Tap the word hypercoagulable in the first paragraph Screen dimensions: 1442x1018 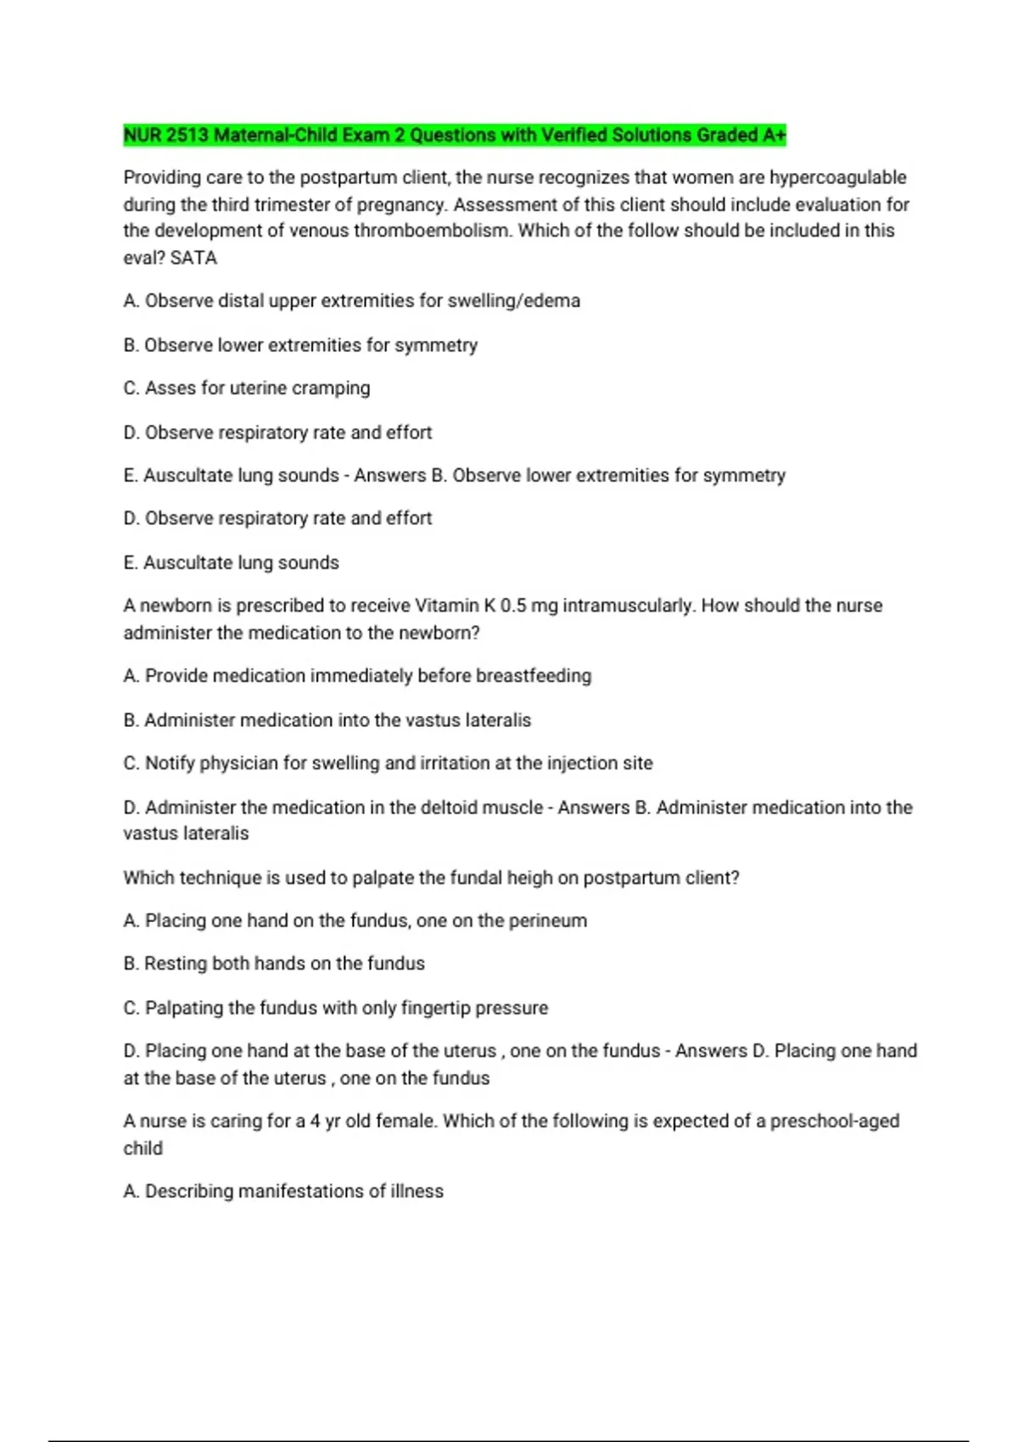point(838,177)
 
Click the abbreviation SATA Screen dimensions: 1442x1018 point(193,258)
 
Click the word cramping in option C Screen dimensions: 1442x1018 point(331,388)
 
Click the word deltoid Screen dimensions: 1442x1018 point(448,808)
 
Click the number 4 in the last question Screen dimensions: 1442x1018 point(315,1121)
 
